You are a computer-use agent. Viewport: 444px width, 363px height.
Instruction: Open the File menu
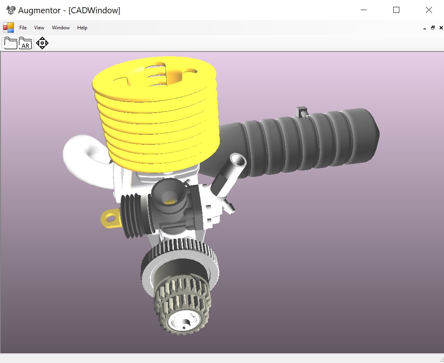click(x=23, y=28)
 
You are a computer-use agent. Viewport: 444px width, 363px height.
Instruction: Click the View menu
click(x=39, y=28)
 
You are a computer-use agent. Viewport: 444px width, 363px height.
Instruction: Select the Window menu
click(x=61, y=28)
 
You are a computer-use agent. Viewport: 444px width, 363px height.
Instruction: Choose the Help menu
click(x=82, y=28)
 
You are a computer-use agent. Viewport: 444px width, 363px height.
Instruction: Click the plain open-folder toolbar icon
click(x=10, y=43)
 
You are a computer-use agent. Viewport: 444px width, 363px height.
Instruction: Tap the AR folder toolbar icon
click(x=25, y=43)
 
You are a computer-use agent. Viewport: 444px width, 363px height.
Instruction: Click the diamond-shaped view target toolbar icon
click(x=42, y=43)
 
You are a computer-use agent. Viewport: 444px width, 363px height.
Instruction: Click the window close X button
click(x=429, y=10)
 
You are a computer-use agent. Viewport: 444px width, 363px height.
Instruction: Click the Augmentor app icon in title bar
click(x=11, y=10)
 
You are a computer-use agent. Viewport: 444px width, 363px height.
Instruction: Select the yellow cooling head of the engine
click(x=157, y=117)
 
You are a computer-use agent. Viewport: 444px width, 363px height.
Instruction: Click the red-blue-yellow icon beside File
click(x=8, y=27)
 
